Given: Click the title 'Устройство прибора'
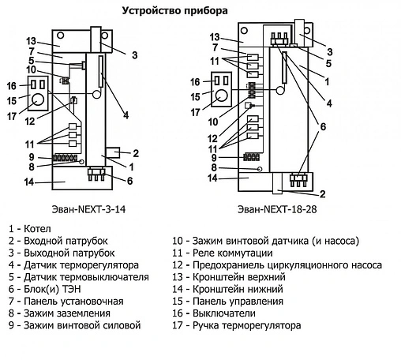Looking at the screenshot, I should pyautogui.click(x=176, y=11).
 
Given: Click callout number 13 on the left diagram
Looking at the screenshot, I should pyautogui.click(x=32, y=41).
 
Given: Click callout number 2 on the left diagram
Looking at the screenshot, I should pyautogui.click(x=136, y=153).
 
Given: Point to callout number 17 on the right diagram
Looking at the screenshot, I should pyautogui.click(x=216, y=111).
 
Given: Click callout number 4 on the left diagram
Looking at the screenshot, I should pyautogui.click(x=126, y=115).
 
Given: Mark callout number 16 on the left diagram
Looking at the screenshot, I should pyautogui.click(x=11, y=85).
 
